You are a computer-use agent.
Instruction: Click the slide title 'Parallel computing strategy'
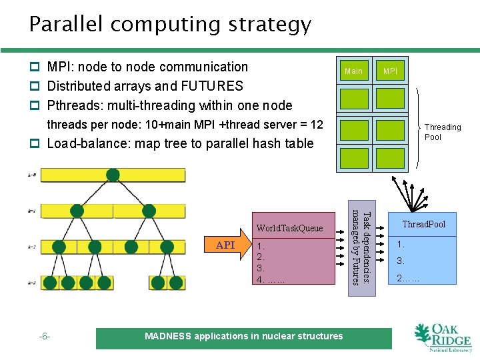[x=170, y=24]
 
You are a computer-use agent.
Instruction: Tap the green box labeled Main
[x=353, y=71]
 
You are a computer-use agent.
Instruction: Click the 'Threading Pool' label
[x=443, y=132]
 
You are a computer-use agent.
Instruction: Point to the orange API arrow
[x=227, y=245]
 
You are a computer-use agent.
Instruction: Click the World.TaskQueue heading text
[x=289, y=228]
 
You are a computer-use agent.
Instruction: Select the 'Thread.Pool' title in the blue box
[x=423, y=224]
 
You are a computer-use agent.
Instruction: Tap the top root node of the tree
[x=113, y=175]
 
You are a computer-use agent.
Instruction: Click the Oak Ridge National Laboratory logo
[x=441, y=337]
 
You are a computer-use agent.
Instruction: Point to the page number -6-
[x=45, y=337]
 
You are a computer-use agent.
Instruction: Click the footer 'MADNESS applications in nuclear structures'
[x=243, y=337]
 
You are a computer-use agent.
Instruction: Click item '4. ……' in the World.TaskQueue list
[x=271, y=279]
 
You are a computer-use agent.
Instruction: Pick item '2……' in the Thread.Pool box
[x=408, y=278]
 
